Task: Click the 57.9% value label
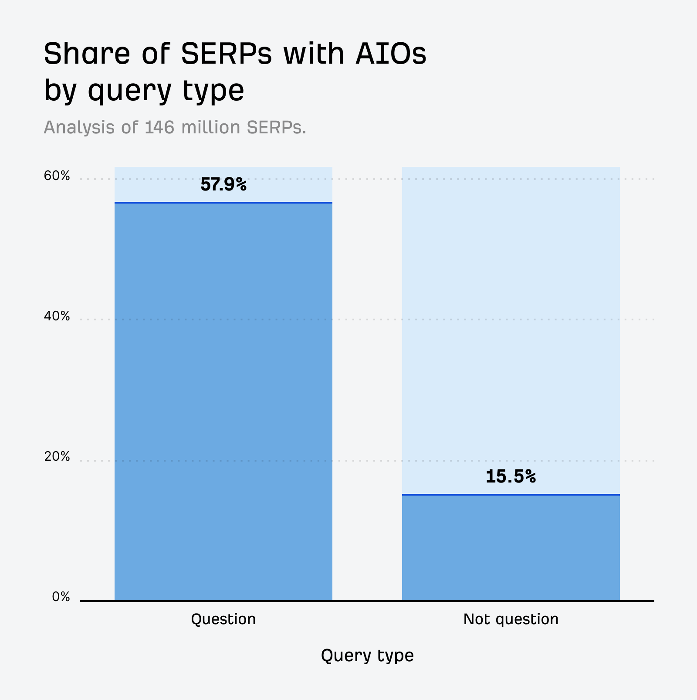coord(223,185)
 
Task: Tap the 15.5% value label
coord(511,476)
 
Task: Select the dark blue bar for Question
coord(223,401)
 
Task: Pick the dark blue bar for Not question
coord(511,547)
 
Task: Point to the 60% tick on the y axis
coord(57,176)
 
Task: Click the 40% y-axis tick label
coord(57,316)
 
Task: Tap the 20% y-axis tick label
coord(57,457)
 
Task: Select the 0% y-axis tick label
coord(61,597)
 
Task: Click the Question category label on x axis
coord(223,619)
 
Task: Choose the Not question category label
coord(511,619)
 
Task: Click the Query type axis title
coord(367,656)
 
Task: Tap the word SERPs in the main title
coord(226,54)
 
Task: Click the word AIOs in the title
coord(391,54)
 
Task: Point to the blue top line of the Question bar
coord(223,203)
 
